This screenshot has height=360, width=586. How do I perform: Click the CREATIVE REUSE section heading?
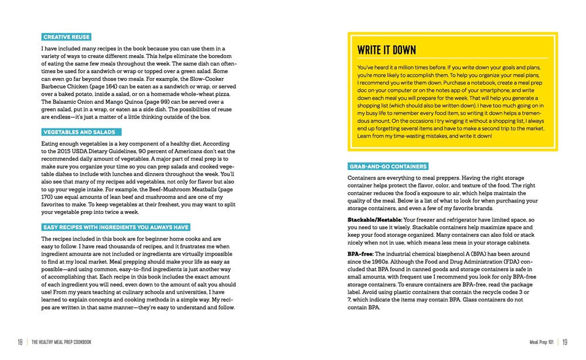point(66,37)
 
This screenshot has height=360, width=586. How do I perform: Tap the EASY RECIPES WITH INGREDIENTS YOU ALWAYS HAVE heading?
point(115,227)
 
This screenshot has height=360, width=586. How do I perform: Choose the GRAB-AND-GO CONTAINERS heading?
point(389,167)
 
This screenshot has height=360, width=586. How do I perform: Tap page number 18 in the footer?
point(20,342)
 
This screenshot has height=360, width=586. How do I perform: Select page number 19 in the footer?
point(565,342)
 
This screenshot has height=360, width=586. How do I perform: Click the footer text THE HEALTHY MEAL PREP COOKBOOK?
point(62,342)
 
